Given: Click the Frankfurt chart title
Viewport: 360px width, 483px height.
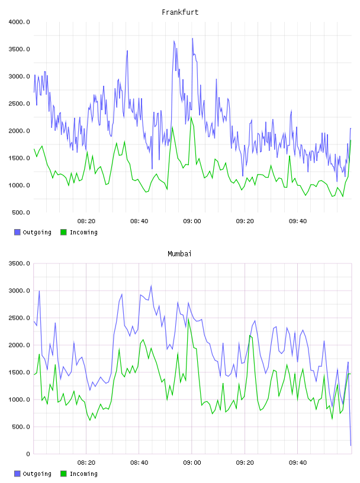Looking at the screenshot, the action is [180, 12].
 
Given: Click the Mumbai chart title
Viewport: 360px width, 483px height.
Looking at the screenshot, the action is [179, 254].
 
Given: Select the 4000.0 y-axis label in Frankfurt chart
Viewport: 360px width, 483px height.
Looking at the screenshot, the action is [19, 22].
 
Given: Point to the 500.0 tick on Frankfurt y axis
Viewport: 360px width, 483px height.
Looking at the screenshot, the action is [21, 212].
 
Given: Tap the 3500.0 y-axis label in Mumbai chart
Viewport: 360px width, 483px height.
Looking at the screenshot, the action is [19, 263].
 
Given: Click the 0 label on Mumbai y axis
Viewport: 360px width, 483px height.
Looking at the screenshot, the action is [28, 454].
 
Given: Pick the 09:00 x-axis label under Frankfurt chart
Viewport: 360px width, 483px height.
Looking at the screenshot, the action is [192, 221].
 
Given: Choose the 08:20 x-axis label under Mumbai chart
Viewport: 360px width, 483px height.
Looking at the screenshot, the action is [86, 463].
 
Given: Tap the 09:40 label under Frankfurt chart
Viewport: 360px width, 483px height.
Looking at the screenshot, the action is [298, 221].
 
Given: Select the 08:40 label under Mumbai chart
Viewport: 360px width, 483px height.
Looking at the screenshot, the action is [139, 463].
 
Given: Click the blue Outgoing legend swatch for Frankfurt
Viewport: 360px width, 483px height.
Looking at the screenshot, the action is [17, 232].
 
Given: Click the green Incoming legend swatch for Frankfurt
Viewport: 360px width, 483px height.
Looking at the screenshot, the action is [63, 232].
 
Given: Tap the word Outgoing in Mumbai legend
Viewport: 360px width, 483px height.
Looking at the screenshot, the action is [37, 474].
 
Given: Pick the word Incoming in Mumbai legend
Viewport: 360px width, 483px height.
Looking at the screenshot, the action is [83, 474].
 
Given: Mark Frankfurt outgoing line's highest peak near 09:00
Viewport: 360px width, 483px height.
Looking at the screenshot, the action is [192, 38].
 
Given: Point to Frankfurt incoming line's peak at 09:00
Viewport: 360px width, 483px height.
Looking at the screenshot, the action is [191, 117].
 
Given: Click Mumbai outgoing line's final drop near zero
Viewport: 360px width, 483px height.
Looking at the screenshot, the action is [351, 445].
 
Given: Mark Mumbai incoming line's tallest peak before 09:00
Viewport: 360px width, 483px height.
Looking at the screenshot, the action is [188, 319].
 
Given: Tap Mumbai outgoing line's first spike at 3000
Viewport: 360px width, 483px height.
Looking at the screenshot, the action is [39, 291].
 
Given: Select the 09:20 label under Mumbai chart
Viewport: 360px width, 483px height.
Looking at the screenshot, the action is [245, 463].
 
